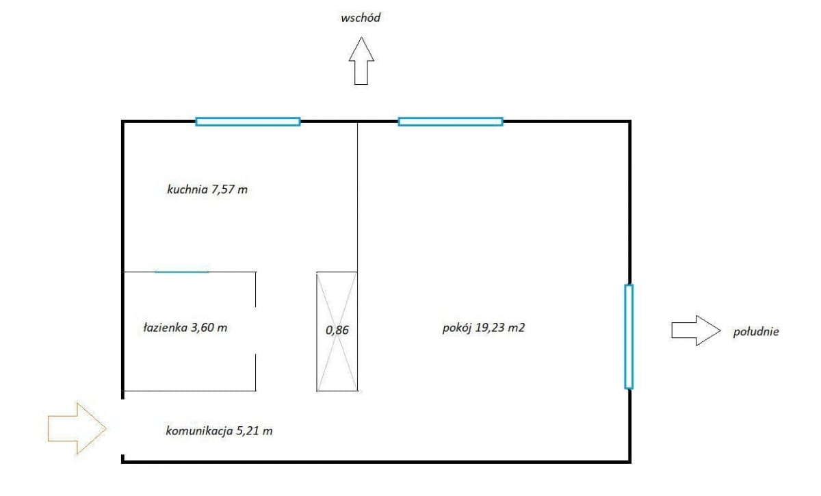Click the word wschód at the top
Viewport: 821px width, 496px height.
click(x=361, y=18)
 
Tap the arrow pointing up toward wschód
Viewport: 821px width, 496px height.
click(x=361, y=61)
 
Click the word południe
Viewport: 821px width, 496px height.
click(x=756, y=332)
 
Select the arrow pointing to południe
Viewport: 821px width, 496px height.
click(x=696, y=330)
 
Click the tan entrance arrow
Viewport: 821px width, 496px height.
click(x=77, y=428)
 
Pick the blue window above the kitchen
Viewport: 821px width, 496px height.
click(x=248, y=121)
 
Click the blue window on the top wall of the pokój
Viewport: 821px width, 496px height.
click(x=450, y=121)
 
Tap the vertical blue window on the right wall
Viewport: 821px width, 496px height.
click(x=629, y=337)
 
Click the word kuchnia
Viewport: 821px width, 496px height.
click(x=187, y=190)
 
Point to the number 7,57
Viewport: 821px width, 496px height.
click(x=223, y=190)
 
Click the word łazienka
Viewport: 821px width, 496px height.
click(x=166, y=328)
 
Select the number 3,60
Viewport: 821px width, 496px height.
click(x=203, y=328)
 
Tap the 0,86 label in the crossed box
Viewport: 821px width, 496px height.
click(x=337, y=330)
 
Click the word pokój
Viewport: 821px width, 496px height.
click(x=457, y=328)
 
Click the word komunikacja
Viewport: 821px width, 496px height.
click(x=199, y=431)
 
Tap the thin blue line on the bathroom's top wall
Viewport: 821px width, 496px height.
click(x=182, y=272)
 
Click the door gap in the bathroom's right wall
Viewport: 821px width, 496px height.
click(x=255, y=330)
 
